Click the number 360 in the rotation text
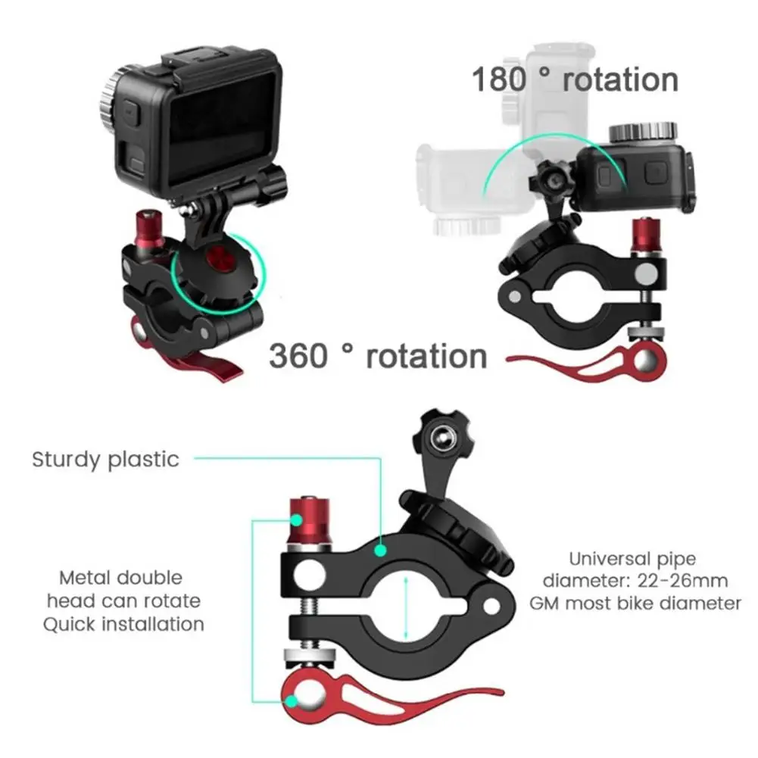(x=298, y=356)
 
